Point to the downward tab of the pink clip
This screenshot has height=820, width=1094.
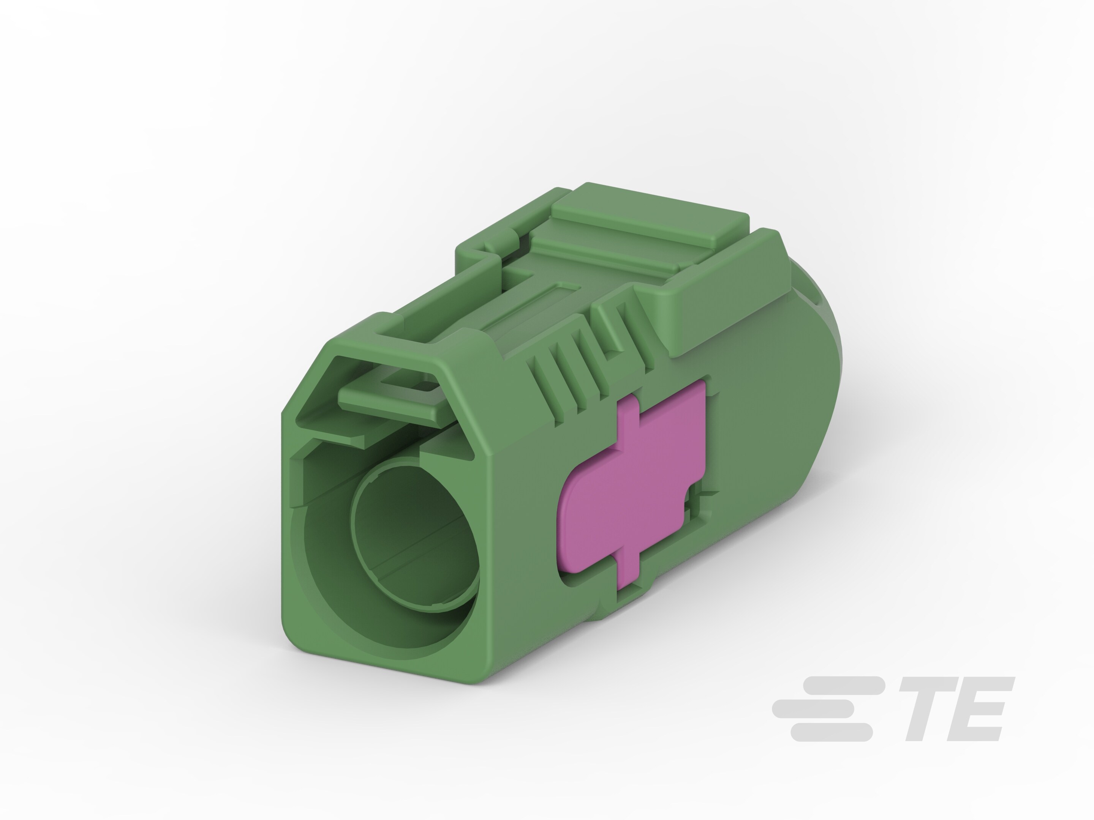click(628, 573)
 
